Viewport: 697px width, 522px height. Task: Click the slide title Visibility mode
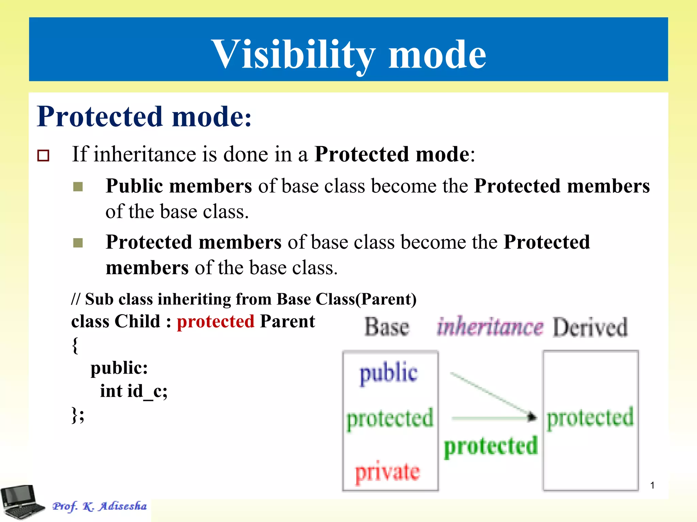[x=348, y=54]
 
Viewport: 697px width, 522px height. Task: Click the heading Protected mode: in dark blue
[x=144, y=117]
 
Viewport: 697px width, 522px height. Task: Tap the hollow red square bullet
[x=43, y=156]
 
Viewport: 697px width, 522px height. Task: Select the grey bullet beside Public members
[x=78, y=187]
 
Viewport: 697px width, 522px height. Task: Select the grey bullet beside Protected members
[x=78, y=243]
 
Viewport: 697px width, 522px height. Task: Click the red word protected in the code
[x=215, y=321]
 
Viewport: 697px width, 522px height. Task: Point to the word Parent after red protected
[x=287, y=321]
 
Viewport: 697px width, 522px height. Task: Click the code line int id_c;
[x=133, y=391]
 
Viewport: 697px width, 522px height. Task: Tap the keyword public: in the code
[x=119, y=368]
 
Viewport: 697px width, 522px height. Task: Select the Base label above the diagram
[x=387, y=327]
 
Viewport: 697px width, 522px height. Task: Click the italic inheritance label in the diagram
[x=490, y=327]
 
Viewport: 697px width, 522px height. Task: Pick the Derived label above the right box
[x=590, y=327]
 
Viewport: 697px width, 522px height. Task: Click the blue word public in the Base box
[x=389, y=373]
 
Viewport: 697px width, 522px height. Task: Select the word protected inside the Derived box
[x=590, y=418]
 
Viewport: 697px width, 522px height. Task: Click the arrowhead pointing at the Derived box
[x=532, y=417]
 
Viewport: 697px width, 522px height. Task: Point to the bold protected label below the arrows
[x=490, y=446]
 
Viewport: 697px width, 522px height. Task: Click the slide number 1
[x=652, y=485]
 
